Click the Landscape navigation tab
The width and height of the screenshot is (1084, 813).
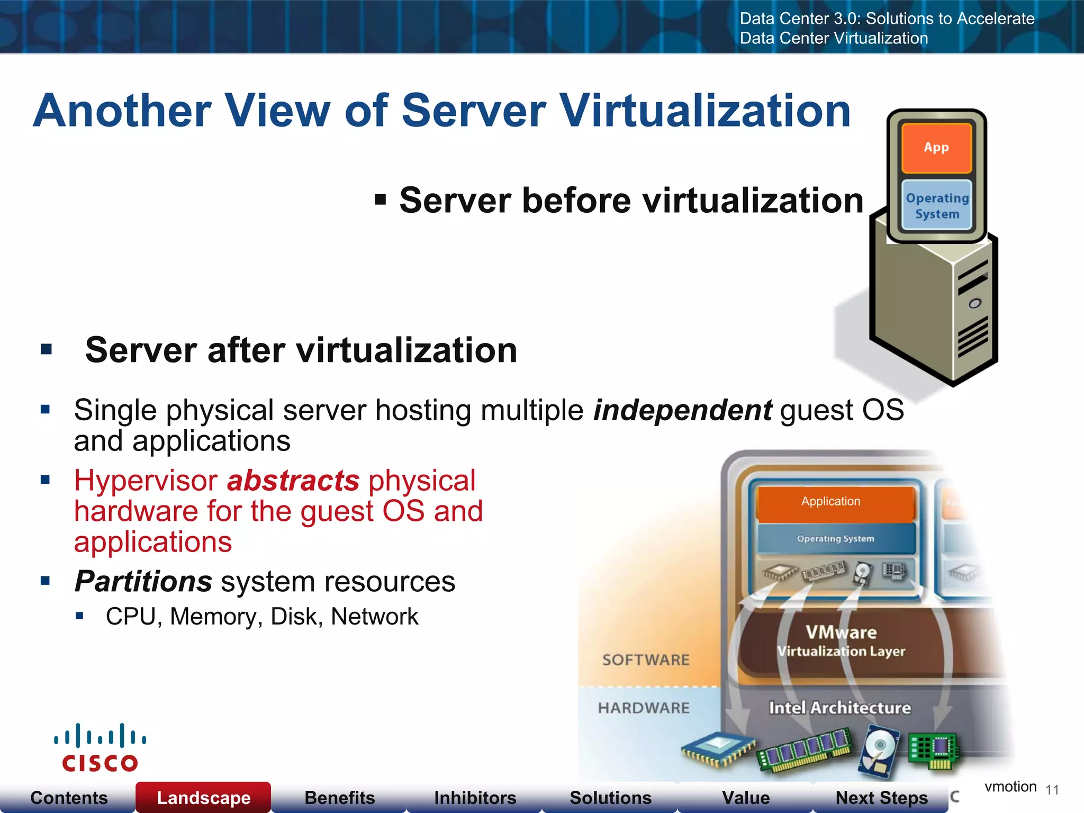point(204,797)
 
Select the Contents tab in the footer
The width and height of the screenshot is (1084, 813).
point(69,797)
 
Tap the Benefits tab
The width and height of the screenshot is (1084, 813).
point(339,797)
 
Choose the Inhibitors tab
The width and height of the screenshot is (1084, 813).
point(475,797)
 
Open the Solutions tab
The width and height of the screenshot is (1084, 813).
point(610,797)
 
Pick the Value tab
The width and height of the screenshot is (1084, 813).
point(746,797)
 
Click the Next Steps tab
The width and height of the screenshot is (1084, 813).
point(881,797)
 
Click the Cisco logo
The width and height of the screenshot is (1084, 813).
point(100,748)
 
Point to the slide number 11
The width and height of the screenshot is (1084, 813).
point(1052,790)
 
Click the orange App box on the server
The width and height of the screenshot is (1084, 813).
point(936,148)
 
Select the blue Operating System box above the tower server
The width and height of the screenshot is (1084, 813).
point(937,205)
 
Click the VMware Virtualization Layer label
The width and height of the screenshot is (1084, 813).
point(841,641)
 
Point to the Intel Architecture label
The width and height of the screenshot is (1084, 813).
point(840,708)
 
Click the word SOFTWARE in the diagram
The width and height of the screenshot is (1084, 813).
point(646,660)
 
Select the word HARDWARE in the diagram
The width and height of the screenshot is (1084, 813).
point(644,708)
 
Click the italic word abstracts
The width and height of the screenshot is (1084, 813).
point(293,481)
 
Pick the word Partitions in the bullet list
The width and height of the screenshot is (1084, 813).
point(143,581)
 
